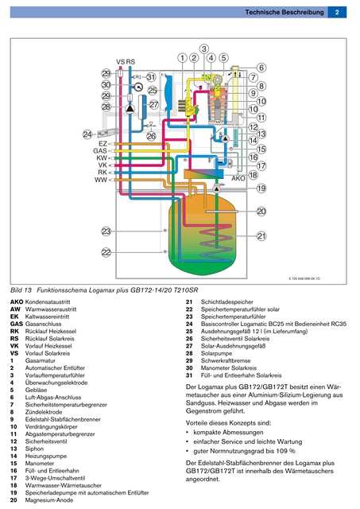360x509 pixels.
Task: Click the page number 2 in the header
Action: pyautogui.click(x=337, y=13)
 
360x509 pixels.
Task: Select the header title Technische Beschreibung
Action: pyautogui.click(x=285, y=13)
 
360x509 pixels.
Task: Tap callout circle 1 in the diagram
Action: pyautogui.click(x=183, y=58)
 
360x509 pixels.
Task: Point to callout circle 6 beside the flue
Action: pyautogui.click(x=261, y=68)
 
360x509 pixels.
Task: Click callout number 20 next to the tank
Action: pyautogui.click(x=261, y=212)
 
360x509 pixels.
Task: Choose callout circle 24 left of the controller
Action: pyautogui.click(x=87, y=134)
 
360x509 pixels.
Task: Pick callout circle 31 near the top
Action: pyautogui.click(x=151, y=77)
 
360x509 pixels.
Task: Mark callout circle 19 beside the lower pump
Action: pyautogui.click(x=261, y=188)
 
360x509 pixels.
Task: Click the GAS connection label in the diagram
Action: pyautogui.click(x=100, y=150)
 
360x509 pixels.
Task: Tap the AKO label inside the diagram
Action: pyautogui.click(x=238, y=178)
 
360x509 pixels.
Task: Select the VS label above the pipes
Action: pyautogui.click(x=120, y=62)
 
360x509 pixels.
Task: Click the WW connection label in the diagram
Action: pyautogui.click(x=101, y=180)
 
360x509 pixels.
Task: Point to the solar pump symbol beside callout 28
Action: pyautogui.click(x=130, y=109)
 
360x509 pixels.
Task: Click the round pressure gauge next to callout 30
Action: pyautogui.click(x=138, y=87)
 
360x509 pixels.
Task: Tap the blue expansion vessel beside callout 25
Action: pyautogui.click(x=168, y=92)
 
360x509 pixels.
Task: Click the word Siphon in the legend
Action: pyautogui.click(x=34, y=449)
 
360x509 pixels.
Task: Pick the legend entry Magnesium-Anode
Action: pyautogui.click(x=49, y=500)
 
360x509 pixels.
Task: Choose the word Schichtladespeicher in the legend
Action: pyautogui.click(x=226, y=302)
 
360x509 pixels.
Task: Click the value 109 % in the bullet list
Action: pyautogui.click(x=286, y=451)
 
